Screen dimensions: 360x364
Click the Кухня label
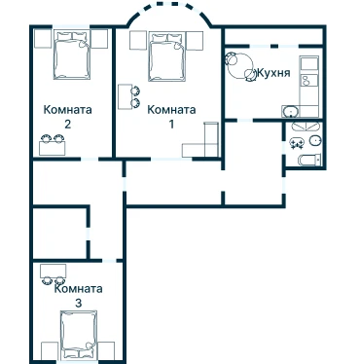coord(273,73)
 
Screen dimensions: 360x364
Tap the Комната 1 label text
coord(171,117)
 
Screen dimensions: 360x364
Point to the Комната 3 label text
coord(78,296)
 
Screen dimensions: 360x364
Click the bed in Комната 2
coord(71,55)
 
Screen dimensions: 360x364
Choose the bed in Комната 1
coord(167,56)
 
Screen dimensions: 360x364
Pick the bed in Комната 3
coord(79,335)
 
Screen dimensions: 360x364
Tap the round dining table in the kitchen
coord(240,65)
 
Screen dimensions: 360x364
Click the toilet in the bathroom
coord(309,160)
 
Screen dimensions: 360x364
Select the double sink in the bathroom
coord(297,143)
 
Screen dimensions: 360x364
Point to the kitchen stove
coord(310,80)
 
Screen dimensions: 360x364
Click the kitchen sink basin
coord(291,111)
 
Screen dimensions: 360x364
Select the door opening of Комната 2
coord(90,159)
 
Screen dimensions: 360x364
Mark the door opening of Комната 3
coord(109,260)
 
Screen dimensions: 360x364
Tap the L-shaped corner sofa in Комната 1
coord(201,141)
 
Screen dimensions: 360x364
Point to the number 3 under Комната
coord(78,304)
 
